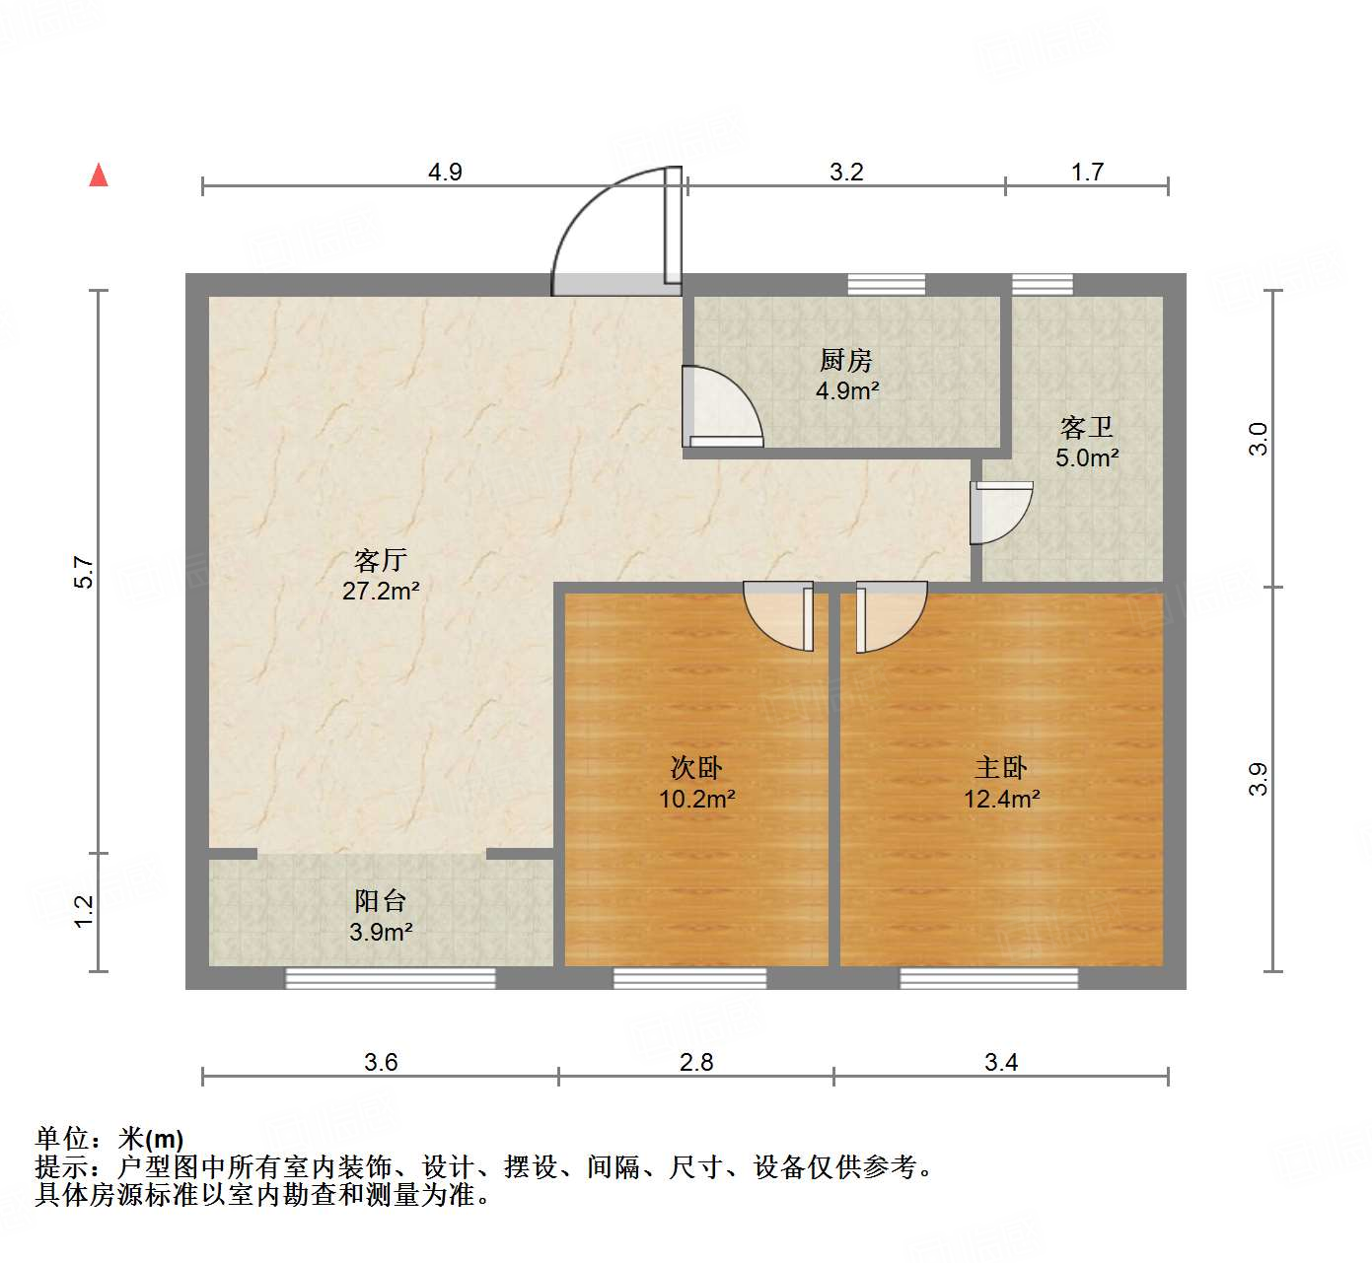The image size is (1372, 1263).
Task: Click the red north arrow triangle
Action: [99, 175]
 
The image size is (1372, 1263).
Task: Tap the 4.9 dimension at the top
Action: [445, 172]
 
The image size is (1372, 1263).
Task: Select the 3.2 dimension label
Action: [846, 172]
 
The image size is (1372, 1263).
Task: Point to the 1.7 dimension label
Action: [1087, 172]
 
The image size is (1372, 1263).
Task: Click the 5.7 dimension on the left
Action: [85, 573]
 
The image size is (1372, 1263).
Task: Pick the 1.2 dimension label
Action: [85, 910]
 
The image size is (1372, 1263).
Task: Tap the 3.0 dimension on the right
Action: [1259, 438]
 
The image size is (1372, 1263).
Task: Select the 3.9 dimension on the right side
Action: [1259, 779]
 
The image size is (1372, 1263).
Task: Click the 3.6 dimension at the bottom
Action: [381, 1062]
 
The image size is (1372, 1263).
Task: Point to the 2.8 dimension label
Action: [696, 1062]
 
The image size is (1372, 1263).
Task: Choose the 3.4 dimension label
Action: [1001, 1062]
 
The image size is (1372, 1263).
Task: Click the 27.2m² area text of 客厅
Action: [381, 592]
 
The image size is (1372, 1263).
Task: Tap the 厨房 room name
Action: [846, 360]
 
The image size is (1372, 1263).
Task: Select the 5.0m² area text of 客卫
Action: [1087, 457]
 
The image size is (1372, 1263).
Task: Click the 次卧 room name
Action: [696, 767]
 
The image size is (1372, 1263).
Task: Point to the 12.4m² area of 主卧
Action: [1001, 799]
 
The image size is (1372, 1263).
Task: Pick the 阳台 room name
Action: [381, 900]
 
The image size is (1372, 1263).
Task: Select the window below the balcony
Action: [391, 978]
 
